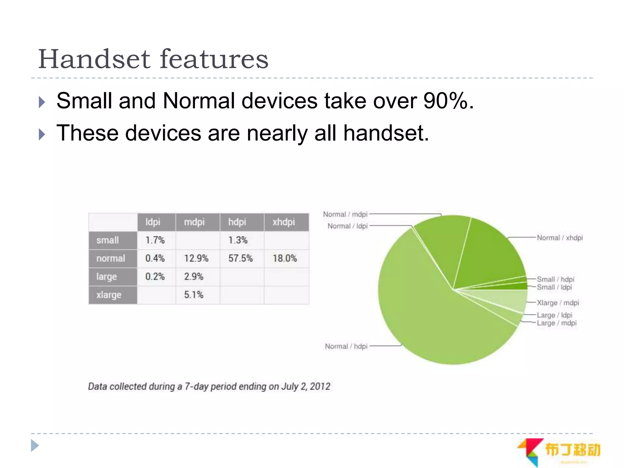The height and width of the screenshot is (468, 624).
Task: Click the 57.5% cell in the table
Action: pyautogui.click(x=240, y=258)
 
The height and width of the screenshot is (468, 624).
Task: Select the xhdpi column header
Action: pyautogui.click(x=284, y=222)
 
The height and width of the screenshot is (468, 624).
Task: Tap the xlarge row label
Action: pyautogui.click(x=109, y=295)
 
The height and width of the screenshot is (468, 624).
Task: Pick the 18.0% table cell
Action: pyautogui.click(x=285, y=258)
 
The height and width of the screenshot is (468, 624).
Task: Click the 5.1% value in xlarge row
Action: pyautogui.click(x=193, y=295)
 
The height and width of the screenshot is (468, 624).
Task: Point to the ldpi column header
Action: pyautogui.click(x=153, y=222)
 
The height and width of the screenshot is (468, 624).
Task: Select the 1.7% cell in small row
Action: pyautogui.click(x=155, y=240)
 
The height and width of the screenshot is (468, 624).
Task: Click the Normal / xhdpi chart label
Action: pyautogui.click(x=559, y=238)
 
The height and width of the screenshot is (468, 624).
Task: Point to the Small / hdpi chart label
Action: pyautogui.click(x=555, y=279)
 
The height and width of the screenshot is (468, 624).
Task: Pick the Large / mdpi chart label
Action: pyautogui.click(x=556, y=323)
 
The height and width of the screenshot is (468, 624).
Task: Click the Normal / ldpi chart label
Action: pyautogui.click(x=348, y=226)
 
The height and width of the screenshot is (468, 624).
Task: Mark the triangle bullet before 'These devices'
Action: pyautogui.click(x=42, y=134)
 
